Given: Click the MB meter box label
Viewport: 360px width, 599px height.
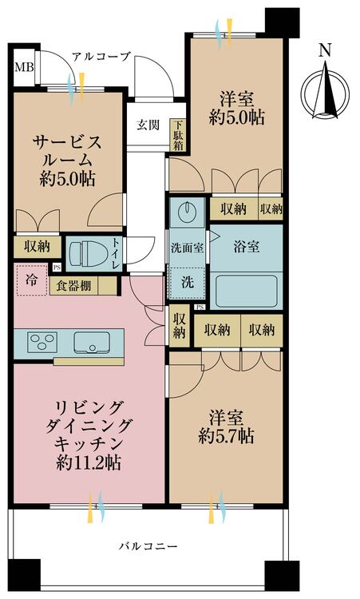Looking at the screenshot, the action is (24, 68).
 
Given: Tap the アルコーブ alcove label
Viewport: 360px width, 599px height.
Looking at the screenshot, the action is (101, 58).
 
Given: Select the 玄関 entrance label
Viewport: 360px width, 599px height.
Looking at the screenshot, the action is (148, 125).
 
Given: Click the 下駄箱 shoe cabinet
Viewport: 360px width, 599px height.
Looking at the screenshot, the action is (178, 135).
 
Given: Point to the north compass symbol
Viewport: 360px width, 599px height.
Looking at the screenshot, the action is (325, 89).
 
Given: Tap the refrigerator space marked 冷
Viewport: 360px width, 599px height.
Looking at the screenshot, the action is (32, 280).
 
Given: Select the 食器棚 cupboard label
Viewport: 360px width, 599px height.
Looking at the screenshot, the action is (73, 286).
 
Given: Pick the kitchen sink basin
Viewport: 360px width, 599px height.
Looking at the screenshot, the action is (92, 343).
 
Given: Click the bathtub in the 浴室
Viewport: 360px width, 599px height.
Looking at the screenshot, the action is (246, 291).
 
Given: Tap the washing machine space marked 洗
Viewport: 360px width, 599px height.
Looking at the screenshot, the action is (187, 283).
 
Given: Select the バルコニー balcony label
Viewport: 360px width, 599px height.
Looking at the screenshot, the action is (148, 546).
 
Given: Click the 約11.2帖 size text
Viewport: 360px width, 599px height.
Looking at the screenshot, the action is (88, 463).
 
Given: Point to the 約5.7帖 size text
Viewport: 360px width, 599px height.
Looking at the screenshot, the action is (226, 436).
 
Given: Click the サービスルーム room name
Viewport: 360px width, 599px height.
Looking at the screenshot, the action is (67, 152).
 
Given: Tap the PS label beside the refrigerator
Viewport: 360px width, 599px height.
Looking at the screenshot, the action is (57, 268).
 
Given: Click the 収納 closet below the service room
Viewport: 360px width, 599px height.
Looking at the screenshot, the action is (37, 247).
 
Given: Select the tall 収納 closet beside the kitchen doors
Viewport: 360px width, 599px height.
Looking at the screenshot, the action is (179, 326).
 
